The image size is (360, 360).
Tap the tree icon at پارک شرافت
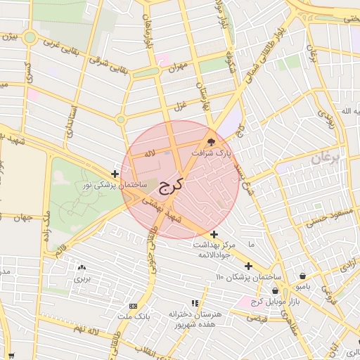pos(211,141)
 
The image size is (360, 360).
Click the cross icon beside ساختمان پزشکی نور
pos(115,174)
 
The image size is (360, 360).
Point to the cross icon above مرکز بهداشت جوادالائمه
pos(214,234)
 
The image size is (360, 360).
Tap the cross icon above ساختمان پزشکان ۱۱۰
pos(248,266)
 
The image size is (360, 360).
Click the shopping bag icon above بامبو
pos(302,276)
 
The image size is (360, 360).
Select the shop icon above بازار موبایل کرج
pos(275,290)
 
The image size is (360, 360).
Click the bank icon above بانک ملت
pos(133,307)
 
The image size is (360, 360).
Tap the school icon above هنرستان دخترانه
pos(195,303)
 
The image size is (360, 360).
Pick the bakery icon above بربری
pos(82,267)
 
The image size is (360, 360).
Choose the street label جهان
pos(23,218)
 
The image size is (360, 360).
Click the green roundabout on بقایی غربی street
pos(30,37)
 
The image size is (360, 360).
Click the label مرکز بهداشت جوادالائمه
pos(219,245)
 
